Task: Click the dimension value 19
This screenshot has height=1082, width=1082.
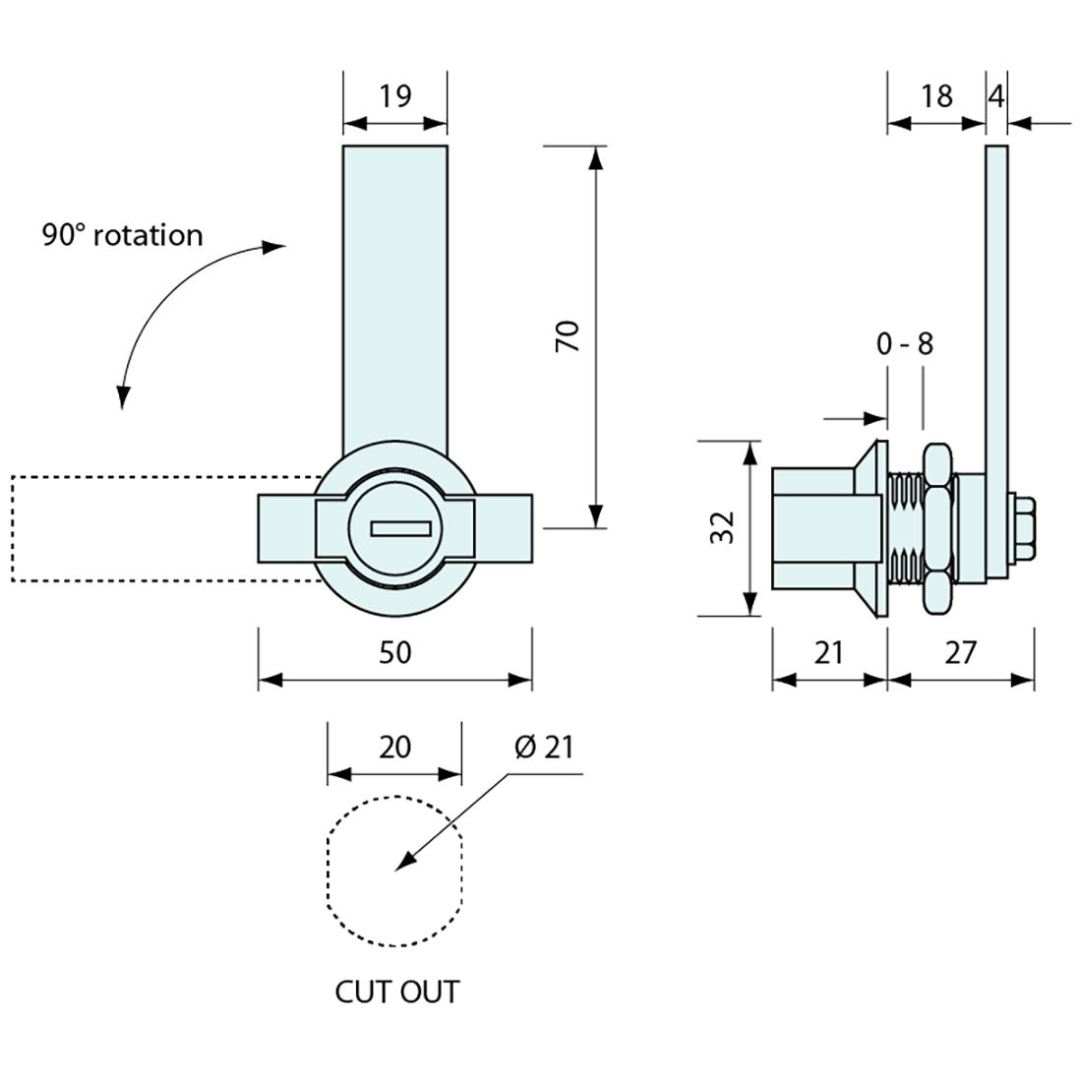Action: pyautogui.click(x=394, y=96)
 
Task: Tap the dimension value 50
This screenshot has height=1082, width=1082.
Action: pyautogui.click(x=394, y=652)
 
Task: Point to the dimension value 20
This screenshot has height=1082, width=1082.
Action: pyautogui.click(x=393, y=748)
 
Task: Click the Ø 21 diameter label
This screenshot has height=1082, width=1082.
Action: pyautogui.click(x=542, y=748)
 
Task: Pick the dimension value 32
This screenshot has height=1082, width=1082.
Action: pyautogui.click(x=724, y=528)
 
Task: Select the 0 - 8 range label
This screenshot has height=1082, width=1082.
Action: pyautogui.click(x=904, y=344)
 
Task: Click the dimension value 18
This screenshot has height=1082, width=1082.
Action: pyautogui.click(x=936, y=96)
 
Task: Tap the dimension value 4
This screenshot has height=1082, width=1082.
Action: pyautogui.click(x=996, y=96)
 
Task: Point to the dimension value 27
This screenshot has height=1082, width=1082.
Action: pyautogui.click(x=960, y=652)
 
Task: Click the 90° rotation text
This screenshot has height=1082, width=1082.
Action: pyautogui.click(x=122, y=236)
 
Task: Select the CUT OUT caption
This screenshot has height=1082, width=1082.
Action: pyautogui.click(x=397, y=992)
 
